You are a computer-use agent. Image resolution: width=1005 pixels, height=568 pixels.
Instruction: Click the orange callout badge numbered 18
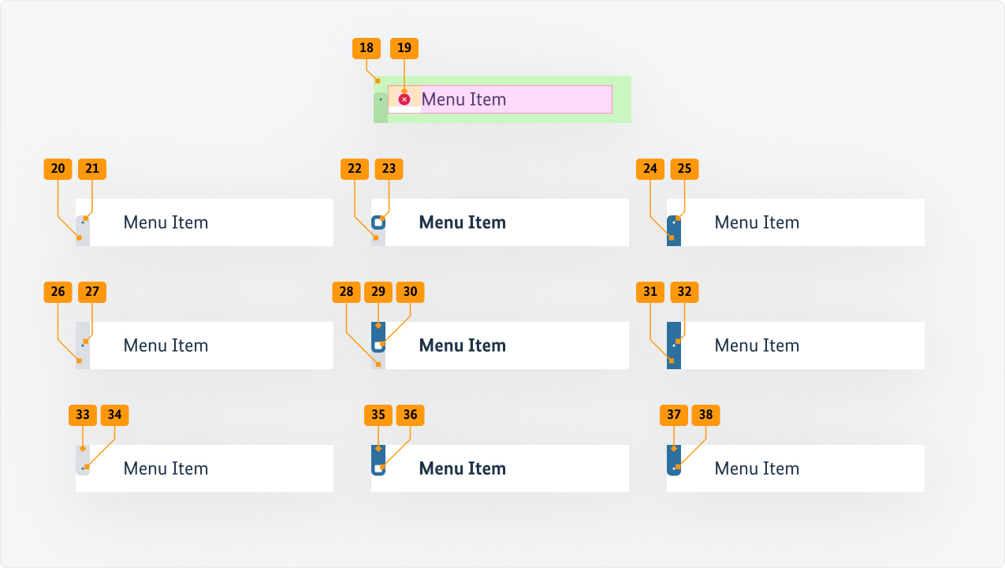click(367, 48)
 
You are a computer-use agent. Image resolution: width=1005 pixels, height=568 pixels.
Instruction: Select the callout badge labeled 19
click(404, 48)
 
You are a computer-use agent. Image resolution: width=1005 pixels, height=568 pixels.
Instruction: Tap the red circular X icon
click(404, 99)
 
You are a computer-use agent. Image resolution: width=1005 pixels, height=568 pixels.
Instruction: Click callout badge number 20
click(58, 169)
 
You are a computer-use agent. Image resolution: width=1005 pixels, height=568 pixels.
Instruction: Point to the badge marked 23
click(389, 169)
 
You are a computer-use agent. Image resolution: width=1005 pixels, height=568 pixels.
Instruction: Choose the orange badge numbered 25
click(684, 169)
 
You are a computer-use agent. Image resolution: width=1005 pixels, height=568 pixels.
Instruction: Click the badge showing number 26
click(58, 292)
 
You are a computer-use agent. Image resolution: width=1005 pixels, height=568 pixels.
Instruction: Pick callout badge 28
click(347, 292)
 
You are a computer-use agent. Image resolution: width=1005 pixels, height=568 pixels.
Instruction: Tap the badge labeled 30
click(411, 292)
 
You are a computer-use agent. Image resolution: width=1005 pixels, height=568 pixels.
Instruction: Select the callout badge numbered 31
click(650, 292)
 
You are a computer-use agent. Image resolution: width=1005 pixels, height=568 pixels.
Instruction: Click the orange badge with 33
click(83, 415)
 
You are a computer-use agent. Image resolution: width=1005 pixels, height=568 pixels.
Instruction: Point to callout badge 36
click(411, 415)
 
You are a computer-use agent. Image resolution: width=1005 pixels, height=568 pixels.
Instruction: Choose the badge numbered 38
click(706, 415)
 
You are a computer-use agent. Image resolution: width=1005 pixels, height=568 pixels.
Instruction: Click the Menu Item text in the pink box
click(463, 99)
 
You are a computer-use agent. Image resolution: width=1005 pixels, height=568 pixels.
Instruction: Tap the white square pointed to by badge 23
click(378, 222)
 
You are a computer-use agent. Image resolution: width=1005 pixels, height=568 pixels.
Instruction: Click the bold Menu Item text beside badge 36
click(462, 469)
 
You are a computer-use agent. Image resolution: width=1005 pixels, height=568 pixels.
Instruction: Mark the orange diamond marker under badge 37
click(674, 448)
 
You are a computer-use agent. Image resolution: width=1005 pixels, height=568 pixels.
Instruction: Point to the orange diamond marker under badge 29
click(378, 325)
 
